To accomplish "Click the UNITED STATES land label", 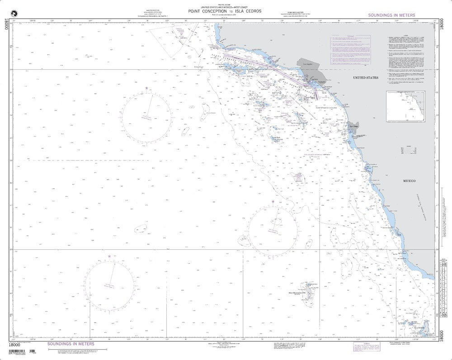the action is (365, 78).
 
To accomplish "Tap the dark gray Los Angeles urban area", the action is (307, 69).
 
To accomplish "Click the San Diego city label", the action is (353, 127).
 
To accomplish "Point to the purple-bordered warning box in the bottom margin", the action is (363, 347).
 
